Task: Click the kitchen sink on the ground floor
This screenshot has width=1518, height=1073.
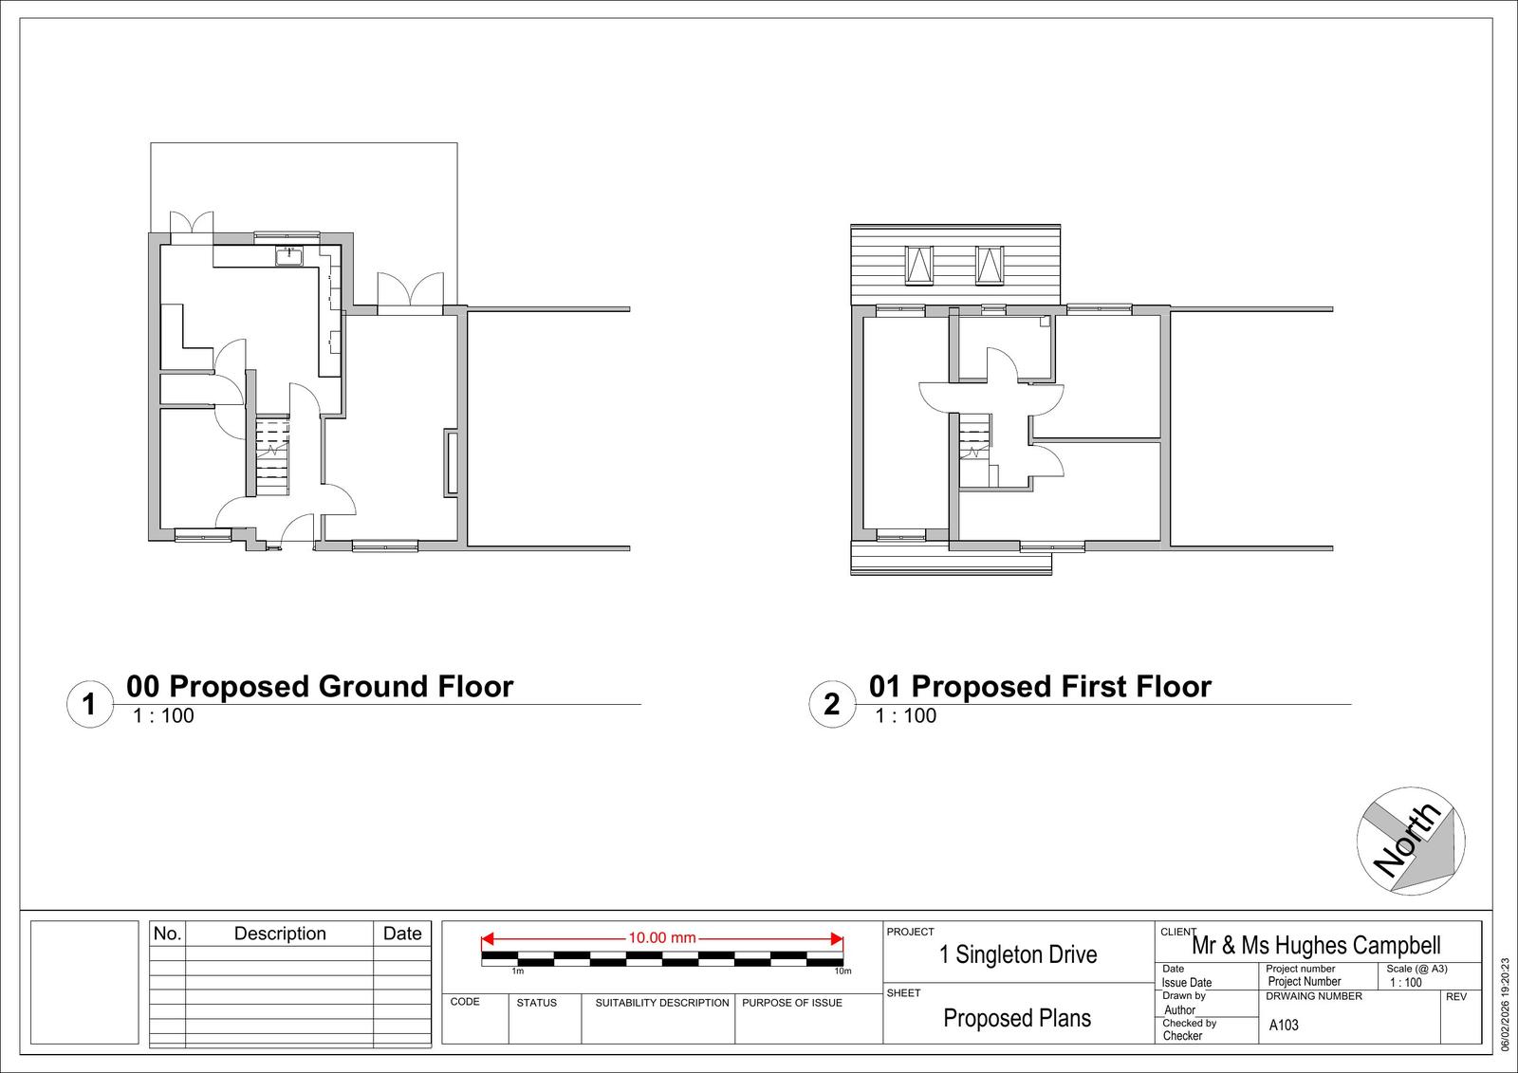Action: click(x=289, y=256)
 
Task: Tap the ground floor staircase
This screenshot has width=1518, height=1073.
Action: click(x=273, y=456)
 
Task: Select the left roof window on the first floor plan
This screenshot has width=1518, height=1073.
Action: click(x=919, y=265)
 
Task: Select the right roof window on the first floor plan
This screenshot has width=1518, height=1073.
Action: click(x=990, y=265)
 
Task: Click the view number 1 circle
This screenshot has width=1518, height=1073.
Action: click(x=89, y=704)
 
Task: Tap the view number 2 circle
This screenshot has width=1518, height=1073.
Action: click(x=831, y=704)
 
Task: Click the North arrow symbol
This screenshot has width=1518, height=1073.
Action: click(x=1410, y=841)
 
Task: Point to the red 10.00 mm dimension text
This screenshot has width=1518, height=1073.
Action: click(x=662, y=938)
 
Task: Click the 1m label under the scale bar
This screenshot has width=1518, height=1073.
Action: click(x=518, y=971)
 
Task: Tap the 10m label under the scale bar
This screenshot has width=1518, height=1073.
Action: click(x=842, y=971)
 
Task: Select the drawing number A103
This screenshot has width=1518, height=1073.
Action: click(x=1284, y=1025)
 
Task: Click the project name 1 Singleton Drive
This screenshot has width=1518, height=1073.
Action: click(x=1018, y=954)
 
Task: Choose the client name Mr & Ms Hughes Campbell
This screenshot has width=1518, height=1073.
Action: click(x=1316, y=945)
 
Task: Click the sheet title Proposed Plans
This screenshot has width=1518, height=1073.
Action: click(x=1017, y=1018)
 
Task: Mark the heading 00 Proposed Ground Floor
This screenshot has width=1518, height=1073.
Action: click(x=320, y=687)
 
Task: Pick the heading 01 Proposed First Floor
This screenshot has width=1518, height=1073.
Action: click(x=1040, y=687)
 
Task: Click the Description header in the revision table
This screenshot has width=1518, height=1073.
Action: click(x=280, y=934)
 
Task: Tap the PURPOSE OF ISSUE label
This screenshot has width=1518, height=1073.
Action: click(x=792, y=1003)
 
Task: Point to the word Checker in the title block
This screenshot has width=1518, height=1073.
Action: click(x=1182, y=1035)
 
